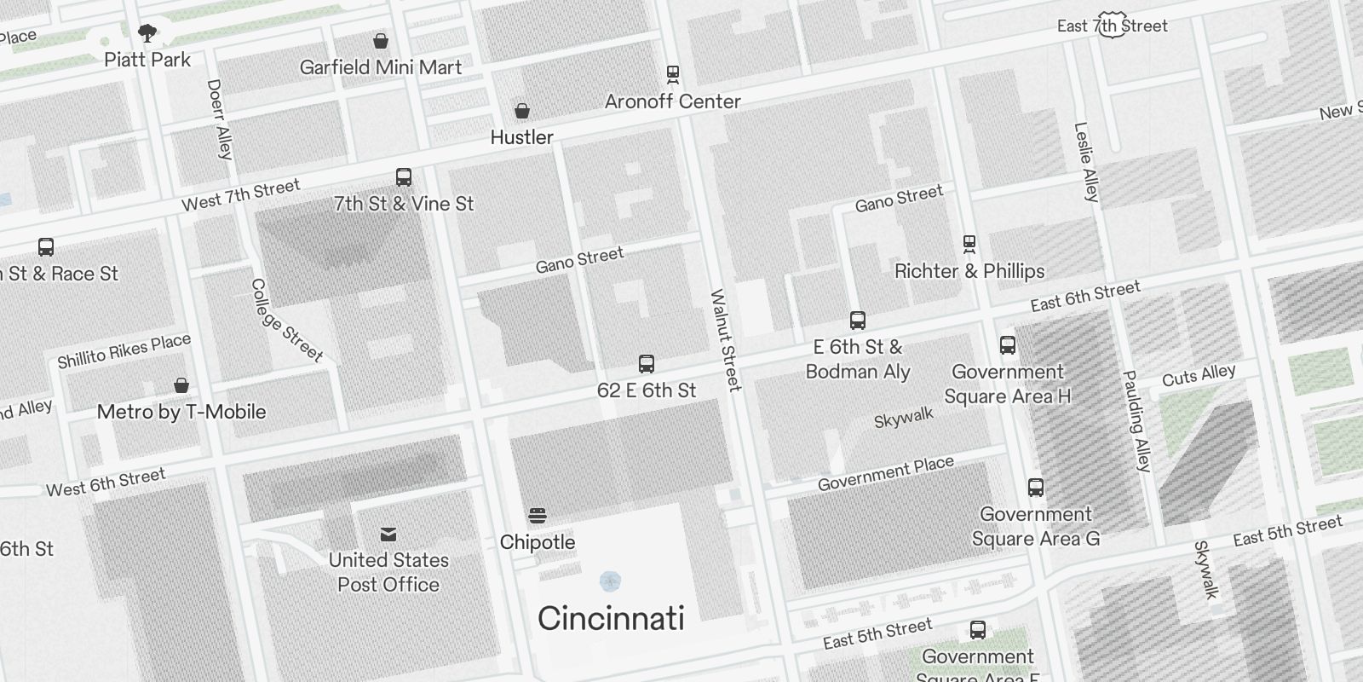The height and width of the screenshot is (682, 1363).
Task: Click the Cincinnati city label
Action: (611, 618)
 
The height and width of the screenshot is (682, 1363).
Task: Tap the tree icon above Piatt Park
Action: (147, 33)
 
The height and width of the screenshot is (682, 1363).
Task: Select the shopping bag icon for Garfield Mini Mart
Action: (381, 41)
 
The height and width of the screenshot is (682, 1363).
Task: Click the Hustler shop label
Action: (521, 137)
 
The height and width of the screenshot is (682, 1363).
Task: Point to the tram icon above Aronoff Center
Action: (673, 74)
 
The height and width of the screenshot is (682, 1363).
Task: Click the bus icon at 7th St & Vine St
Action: (404, 177)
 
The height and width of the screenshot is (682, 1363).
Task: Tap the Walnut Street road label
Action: (725, 341)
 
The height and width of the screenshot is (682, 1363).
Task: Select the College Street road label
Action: (286, 321)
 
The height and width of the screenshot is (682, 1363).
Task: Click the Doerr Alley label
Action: (219, 119)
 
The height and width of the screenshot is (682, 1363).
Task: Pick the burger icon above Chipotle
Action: (537, 515)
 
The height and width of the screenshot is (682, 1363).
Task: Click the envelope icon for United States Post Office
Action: (388, 535)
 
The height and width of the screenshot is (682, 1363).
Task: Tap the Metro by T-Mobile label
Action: (181, 412)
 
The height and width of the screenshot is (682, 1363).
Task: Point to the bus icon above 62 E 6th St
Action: (647, 364)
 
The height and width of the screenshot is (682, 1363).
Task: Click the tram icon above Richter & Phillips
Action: (969, 245)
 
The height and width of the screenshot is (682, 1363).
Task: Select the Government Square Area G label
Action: (1036, 526)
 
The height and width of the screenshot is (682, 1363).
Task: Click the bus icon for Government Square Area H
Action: (1008, 345)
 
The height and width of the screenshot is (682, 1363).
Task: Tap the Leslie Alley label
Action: (1086, 162)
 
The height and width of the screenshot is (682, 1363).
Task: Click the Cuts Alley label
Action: (1199, 375)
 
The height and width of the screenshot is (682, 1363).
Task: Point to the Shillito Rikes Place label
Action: (124, 350)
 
